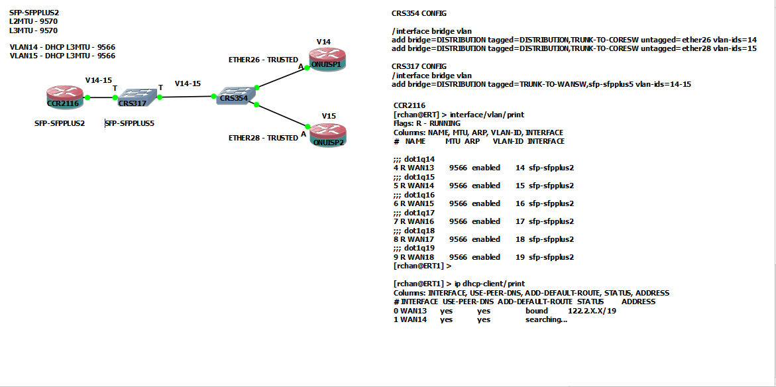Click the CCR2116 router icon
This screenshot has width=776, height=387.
point(64,97)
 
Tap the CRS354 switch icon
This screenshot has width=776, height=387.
point(235,94)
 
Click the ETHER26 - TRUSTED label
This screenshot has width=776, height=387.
point(263,60)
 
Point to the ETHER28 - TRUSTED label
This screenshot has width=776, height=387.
point(263,138)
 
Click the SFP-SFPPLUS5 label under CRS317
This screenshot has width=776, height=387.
point(131,123)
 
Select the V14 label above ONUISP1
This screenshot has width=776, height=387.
point(323,42)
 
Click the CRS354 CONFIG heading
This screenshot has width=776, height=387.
point(419,13)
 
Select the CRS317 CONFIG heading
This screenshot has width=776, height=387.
point(419,66)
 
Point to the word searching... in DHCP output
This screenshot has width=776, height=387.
point(546,320)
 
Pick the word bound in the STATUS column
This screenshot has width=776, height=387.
point(537,311)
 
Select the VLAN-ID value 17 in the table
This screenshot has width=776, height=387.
point(519,221)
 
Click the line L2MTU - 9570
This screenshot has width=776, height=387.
point(33,21)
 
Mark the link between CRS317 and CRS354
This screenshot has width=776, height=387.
point(186,97)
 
